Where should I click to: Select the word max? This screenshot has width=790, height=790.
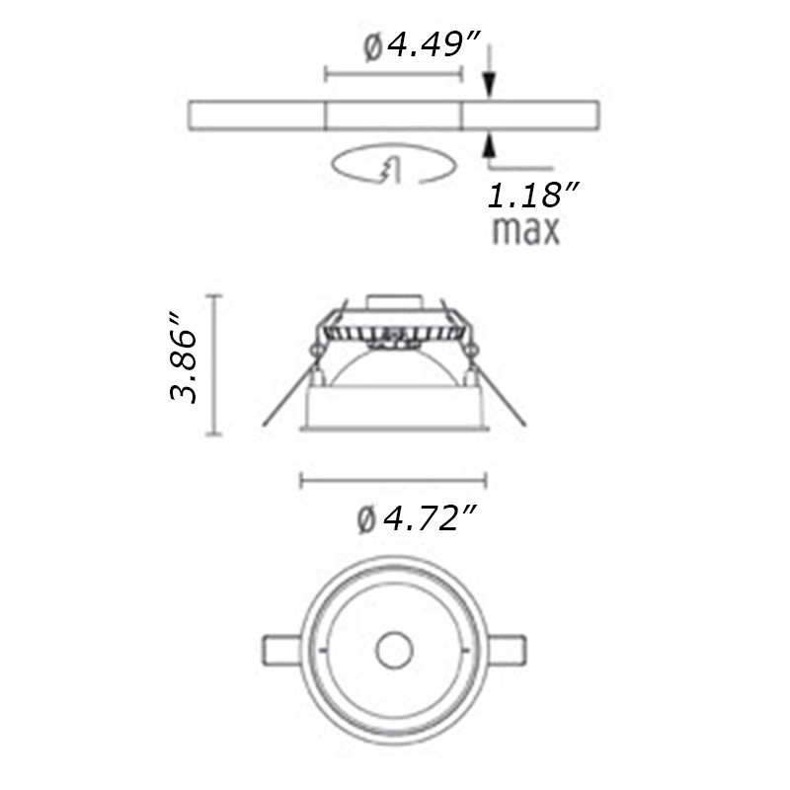[x=526, y=231]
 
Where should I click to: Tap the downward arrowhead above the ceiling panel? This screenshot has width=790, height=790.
[x=487, y=86]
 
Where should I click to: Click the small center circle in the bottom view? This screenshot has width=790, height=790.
[x=395, y=651]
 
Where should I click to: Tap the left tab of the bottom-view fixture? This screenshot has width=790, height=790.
[x=280, y=651]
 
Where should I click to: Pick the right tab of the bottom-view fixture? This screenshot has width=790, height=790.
[x=510, y=651]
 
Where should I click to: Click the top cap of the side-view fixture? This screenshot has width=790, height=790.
[x=395, y=302]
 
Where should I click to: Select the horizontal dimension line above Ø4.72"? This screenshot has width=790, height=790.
[x=393, y=481]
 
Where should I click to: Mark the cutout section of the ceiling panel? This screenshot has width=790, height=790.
[x=394, y=115]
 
